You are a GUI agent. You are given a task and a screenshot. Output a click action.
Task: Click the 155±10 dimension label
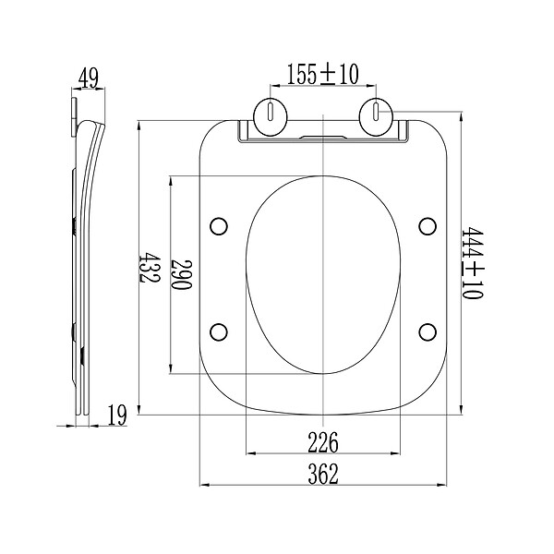[322, 74]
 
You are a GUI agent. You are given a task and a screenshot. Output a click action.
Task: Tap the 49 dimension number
[89, 78]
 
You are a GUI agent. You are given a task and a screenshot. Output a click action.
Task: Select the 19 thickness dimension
[117, 415]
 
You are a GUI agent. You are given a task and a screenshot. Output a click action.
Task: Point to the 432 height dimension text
[150, 267]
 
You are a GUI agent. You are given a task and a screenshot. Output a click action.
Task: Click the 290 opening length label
[181, 274]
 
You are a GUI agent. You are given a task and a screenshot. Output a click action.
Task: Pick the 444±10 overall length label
[473, 263]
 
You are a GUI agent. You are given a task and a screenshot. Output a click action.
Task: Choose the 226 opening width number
[323, 442]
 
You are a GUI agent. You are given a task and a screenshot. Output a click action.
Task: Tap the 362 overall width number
[323, 474]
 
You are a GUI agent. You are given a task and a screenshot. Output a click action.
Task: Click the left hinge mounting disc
[271, 116]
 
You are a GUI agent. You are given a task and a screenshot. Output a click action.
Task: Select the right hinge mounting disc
[377, 116]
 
